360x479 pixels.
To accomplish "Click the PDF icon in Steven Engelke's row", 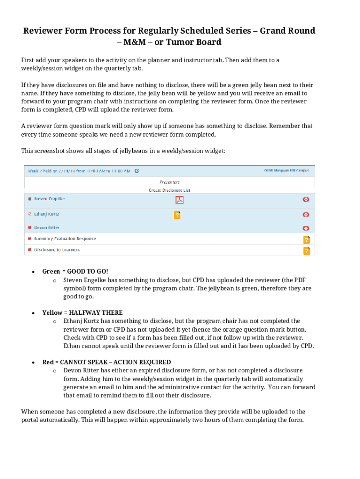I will (x=180, y=200).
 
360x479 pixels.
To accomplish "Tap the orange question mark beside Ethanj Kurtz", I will (x=177, y=215).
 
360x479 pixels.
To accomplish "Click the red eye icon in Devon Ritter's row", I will (x=306, y=228).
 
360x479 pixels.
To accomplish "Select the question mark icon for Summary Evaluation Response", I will (x=306, y=239).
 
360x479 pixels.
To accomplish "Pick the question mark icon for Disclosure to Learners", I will (x=306, y=251).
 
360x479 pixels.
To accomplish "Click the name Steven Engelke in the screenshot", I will (x=49, y=199).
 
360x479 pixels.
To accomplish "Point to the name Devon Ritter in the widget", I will (x=47, y=228).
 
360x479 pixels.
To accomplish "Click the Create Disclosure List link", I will (x=169, y=190).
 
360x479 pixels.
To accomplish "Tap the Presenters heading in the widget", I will (x=169, y=182).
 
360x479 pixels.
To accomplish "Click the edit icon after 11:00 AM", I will (x=137, y=171).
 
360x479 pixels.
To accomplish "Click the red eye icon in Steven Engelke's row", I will (x=306, y=199).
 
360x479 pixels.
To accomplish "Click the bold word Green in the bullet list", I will (x=51, y=271).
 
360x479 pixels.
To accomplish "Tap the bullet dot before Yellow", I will (x=33, y=312).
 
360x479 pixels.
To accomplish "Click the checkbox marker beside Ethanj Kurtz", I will (x=29, y=214).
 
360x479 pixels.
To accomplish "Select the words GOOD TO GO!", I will (x=87, y=271).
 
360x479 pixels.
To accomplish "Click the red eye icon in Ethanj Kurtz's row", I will (x=306, y=215).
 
